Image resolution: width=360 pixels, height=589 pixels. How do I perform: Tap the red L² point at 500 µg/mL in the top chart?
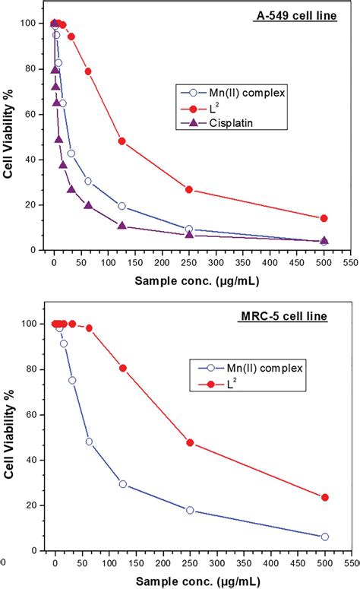click(324, 218)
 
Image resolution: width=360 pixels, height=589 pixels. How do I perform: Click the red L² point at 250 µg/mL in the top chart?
click(189, 189)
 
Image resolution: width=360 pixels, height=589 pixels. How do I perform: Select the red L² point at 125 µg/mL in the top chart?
click(122, 141)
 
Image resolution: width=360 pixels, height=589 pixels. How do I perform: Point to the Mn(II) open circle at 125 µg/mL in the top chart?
click(122, 206)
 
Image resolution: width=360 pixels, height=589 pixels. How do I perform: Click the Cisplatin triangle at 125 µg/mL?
click(122, 226)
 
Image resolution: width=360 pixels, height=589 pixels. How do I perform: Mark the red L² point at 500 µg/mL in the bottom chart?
click(325, 497)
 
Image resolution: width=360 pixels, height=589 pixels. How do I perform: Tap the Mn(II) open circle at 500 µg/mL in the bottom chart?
click(325, 537)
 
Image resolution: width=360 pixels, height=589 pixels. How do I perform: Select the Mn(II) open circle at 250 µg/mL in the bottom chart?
click(190, 510)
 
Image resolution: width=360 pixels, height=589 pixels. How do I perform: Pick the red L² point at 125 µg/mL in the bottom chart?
click(122, 368)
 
